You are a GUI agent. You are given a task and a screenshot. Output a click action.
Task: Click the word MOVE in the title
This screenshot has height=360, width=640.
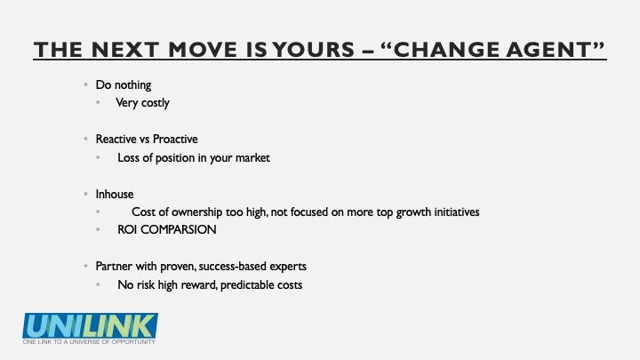coord(203,50)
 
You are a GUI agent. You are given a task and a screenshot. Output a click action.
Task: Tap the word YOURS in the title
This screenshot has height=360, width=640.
coord(314,50)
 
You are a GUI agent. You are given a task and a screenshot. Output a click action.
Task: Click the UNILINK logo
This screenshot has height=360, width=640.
coord(90,325)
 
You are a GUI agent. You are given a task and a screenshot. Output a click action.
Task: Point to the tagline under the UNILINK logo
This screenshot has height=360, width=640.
coord(89,341)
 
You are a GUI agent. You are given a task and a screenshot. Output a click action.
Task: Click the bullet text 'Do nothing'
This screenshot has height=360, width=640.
coord(124,85)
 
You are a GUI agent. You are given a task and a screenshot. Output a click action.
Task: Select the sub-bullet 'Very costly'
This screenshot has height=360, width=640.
coord(142,103)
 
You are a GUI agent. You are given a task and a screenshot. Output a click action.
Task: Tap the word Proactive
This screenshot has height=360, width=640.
coord(175,140)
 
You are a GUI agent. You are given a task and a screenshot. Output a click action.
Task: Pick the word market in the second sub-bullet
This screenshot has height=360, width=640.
coord(252,158)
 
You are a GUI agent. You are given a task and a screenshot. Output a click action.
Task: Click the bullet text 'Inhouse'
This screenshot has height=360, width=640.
coord(115,195)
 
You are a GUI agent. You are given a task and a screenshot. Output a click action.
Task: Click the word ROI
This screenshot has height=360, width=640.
coord(127,230)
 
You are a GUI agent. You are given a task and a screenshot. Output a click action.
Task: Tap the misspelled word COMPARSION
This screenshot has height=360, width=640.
coord(179,230)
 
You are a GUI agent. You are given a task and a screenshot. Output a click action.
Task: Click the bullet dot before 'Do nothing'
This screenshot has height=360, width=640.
coord(85,85)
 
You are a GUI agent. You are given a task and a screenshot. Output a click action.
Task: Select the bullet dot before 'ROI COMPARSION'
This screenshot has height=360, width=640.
coord(98,230)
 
